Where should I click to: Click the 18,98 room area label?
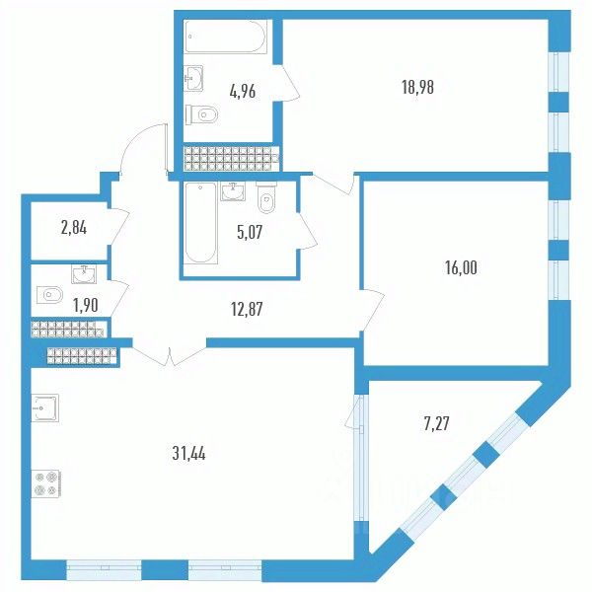point(418,86)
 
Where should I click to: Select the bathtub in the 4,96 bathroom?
point(226,38)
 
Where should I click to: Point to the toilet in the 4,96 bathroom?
point(204,114)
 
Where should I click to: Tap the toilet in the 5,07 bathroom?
point(266,201)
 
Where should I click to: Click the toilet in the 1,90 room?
point(48,294)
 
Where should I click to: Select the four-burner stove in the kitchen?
point(46,482)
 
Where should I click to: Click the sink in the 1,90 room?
point(83,273)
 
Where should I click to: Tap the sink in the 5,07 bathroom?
point(233,190)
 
